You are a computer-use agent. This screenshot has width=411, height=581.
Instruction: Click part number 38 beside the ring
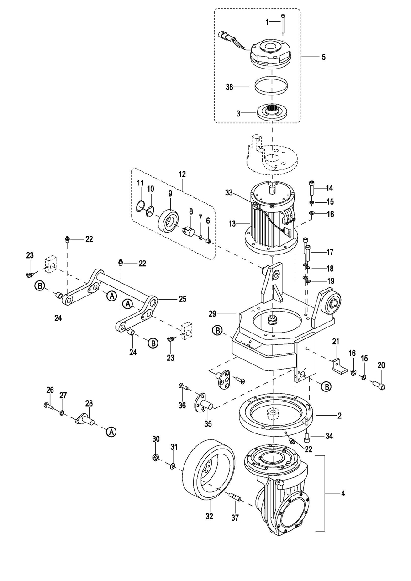pos(230,87)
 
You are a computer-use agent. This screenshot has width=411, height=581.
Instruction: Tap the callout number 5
pos(323,57)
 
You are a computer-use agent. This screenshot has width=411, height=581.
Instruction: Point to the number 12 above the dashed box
pos(182,174)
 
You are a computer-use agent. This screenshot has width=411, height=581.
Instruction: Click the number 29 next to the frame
pos(212,314)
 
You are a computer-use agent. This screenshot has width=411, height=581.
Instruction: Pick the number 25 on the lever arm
pos(183,299)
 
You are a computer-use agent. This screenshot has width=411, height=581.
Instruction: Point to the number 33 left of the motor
pos(229,193)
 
